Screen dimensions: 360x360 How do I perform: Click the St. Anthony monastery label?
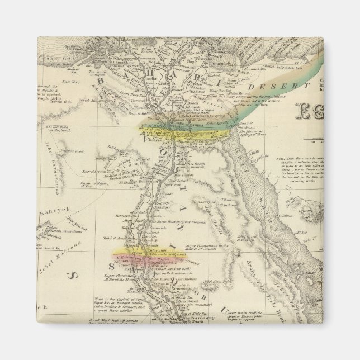[224, 200]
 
